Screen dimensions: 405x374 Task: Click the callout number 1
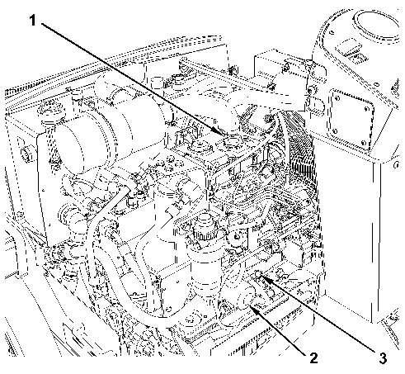pyautogui.click(x=33, y=21)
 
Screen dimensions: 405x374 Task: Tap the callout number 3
pyautogui.click(x=383, y=357)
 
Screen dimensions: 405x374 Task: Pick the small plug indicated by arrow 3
pyautogui.click(x=258, y=274)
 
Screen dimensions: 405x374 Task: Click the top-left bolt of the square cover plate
pyautogui.click(x=336, y=96)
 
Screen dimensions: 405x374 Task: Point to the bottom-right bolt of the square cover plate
pyautogui.click(x=363, y=143)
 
